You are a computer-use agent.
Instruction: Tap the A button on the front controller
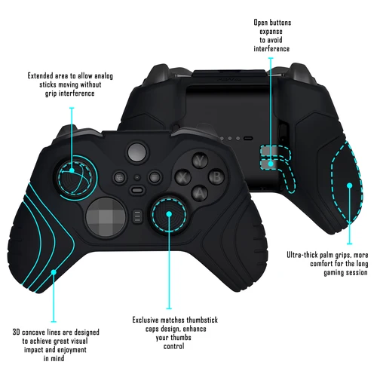pos(200,193)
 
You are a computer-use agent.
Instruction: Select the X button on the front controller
pos(183,177)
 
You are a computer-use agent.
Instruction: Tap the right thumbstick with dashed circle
pos(169,215)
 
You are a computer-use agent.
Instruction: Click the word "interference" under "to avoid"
pos(272,49)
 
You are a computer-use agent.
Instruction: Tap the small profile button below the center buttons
pos(136,217)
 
